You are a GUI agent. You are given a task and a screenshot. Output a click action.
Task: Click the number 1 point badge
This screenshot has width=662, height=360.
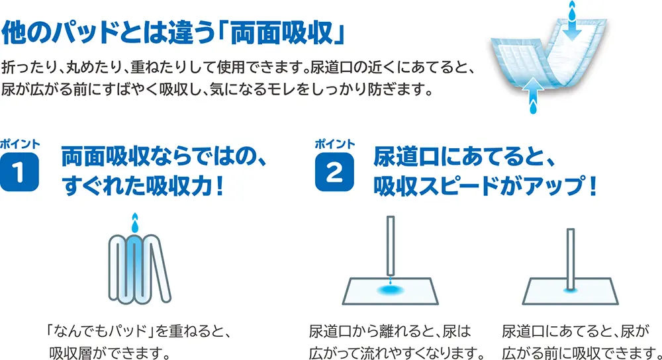(19, 172)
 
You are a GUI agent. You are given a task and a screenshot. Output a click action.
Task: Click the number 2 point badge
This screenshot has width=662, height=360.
(334, 172)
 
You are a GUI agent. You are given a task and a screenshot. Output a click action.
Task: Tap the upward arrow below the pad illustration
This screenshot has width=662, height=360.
(534, 88)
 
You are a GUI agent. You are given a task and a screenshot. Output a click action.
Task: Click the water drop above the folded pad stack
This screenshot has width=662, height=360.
(134, 223)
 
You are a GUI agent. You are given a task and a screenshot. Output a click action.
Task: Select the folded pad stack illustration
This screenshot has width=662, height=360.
(139, 269)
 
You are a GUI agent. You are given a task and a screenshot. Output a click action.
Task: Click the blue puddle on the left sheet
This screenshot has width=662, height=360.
(391, 290)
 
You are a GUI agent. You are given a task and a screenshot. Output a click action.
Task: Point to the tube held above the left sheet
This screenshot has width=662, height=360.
(391, 246)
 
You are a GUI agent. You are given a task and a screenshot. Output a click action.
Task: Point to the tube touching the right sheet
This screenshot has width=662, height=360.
(571, 259)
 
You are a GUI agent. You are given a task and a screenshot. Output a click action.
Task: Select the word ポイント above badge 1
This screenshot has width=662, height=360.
(20, 144)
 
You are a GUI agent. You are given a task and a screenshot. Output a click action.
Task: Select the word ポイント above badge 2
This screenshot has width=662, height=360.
(335, 144)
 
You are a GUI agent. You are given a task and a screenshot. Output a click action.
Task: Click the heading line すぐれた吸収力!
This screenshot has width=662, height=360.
(143, 186)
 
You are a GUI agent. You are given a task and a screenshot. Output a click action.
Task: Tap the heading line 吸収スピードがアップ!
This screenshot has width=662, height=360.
(485, 186)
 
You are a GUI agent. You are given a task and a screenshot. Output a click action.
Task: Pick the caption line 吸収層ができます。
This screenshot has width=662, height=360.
(110, 353)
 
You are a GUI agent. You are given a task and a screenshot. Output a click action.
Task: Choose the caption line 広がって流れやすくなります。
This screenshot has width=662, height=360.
(397, 353)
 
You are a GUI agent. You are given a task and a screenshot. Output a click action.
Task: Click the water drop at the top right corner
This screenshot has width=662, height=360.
(572, 10)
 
